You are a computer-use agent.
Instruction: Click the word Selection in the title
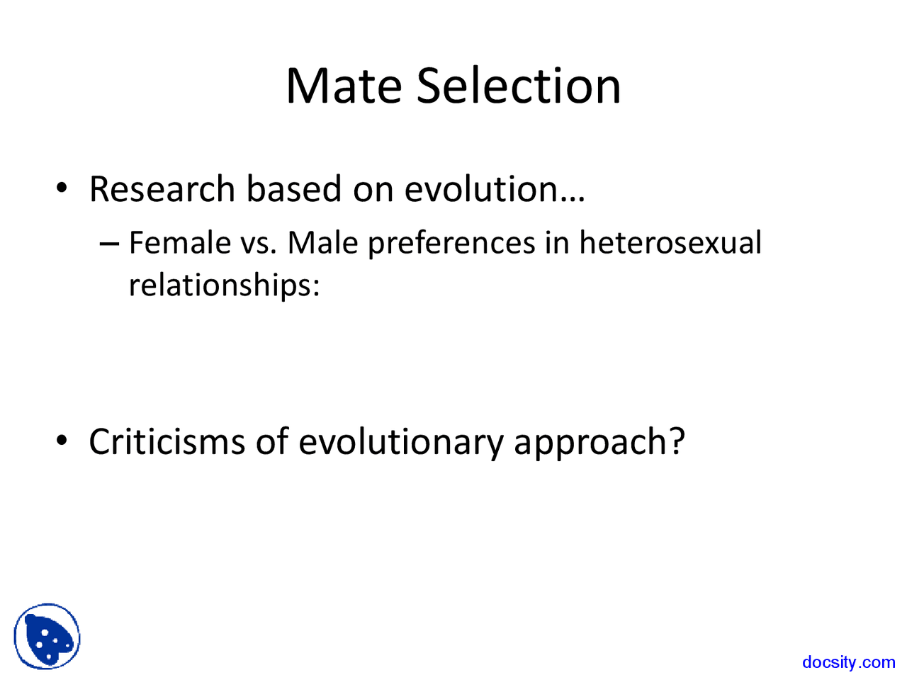(x=518, y=86)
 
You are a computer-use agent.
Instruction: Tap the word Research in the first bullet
(x=162, y=189)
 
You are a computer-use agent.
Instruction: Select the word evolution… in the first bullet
(x=495, y=189)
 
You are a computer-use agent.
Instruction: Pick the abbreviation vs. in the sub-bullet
(x=259, y=243)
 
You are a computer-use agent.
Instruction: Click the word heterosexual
(x=670, y=243)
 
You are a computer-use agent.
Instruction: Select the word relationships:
(x=224, y=285)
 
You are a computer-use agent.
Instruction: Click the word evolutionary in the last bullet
(x=400, y=443)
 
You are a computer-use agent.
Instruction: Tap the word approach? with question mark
(x=599, y=443)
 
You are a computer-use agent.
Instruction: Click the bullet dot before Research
(x=62, y=189)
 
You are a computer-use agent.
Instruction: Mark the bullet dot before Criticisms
(x=62, y=441)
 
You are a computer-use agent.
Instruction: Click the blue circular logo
(x=47, y=636)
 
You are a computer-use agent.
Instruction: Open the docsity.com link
(x=848, y=662)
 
